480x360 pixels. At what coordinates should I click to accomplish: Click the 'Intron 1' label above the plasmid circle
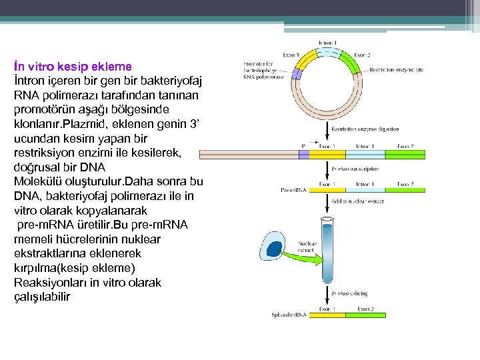coord(327,43)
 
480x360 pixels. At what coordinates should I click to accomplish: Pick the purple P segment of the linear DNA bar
coord(303,154)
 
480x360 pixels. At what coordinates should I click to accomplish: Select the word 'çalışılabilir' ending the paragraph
coord(41,297)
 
